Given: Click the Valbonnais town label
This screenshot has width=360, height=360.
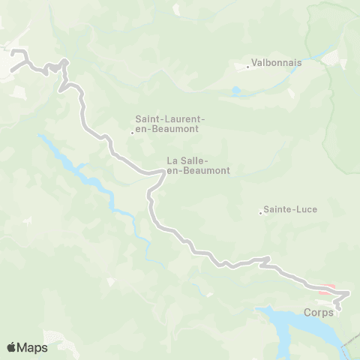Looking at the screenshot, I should [x=277, y=63].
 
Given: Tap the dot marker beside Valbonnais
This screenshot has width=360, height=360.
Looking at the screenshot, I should [x=248, y=67].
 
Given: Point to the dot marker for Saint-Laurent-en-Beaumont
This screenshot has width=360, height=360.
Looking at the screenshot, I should [x=132, y=133].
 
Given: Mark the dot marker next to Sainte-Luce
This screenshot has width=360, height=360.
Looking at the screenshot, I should [x=260, y=213].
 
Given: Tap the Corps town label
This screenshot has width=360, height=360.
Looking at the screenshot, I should [x=319, y=312].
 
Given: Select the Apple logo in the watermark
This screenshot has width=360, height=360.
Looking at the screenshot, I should [x=12, y=347].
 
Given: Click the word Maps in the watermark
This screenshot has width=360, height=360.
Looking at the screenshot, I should [x=33, y=347].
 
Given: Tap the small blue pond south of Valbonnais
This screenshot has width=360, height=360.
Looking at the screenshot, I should [x=237, y=92].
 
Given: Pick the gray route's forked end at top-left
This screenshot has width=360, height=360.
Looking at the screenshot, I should [x=13, y=55].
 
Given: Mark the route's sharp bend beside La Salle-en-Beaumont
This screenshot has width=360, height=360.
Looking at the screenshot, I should [x=161, y=172].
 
